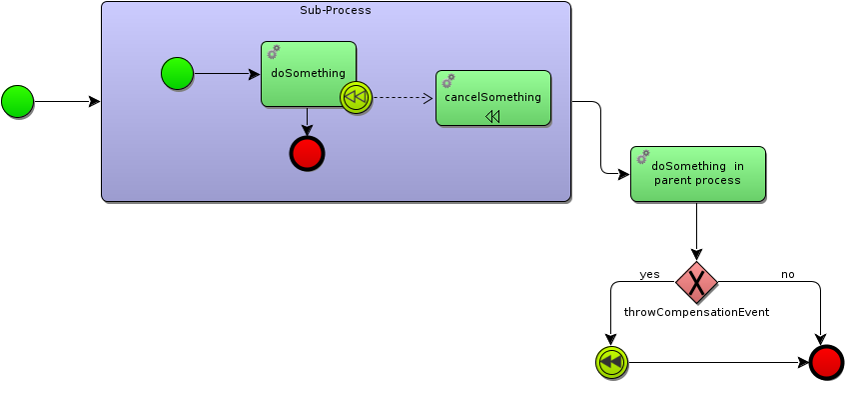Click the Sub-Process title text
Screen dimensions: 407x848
click(336, 11)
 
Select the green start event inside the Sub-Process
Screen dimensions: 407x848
click(177, 73)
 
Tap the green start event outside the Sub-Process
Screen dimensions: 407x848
click(17, 101)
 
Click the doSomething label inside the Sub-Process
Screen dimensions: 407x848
click(308, 73)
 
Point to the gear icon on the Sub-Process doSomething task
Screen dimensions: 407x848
click(274, 52)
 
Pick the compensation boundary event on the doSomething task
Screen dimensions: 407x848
click(356, 97)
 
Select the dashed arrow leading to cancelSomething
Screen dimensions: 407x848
click(403, 98)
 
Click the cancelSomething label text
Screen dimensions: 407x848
click(492, 97)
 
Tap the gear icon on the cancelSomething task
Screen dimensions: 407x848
click(448, 81)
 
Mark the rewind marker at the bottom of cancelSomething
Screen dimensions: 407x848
click(492, 117)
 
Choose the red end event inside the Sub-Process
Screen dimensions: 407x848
click(307, 153)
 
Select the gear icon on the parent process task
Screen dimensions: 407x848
click(643, 157)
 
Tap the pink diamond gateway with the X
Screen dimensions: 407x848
click(696, 283)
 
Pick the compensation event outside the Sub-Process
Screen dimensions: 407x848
click(611, 362)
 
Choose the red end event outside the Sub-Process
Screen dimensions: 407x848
click(826, 362)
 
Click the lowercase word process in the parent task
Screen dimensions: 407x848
click(719, 181)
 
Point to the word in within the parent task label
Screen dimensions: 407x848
click(738, 167)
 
